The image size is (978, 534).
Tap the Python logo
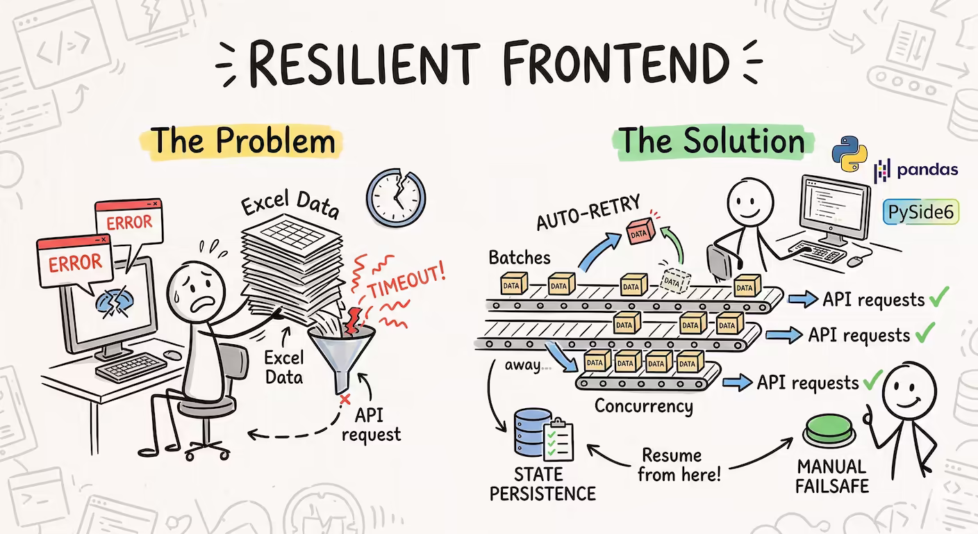click(x=851, y=154)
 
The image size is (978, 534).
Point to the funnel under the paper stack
click(x=339, y=351)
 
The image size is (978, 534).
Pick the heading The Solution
click(x=711, y=141)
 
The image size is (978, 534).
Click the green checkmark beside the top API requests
click(x=938, y=299)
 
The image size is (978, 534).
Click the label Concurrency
click(x=643, y=406)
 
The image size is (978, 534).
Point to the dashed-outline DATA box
click(x=672, y=281)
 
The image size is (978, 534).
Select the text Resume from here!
click(x=679, y=465)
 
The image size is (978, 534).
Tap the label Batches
click(x=519, y=257)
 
